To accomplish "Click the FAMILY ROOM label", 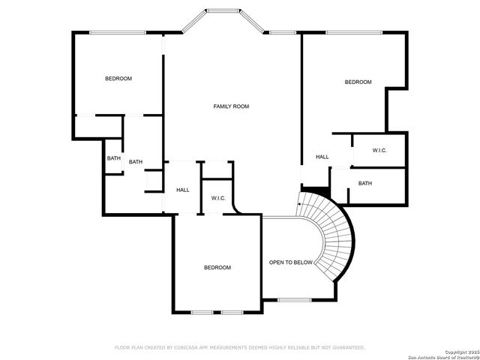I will click(231, 106).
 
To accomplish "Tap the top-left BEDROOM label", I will click(118, 79).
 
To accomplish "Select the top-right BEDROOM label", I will click(358, 82).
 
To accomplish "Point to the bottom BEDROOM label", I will click(217, 268).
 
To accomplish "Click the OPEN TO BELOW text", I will click(291, 262).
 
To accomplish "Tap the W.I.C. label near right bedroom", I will click(379, 151).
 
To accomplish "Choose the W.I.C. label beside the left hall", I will click(218, 198).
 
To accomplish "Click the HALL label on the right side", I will click(322, 157).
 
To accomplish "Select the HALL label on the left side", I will click(183, 190).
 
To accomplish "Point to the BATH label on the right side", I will click(364, 184).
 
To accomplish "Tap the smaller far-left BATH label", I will click(113, 158).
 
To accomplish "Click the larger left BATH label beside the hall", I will click(136, 162).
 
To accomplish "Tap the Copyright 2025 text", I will click(459, 352).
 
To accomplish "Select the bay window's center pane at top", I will click(222, 11).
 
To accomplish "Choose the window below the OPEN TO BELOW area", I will click(294, 300).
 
